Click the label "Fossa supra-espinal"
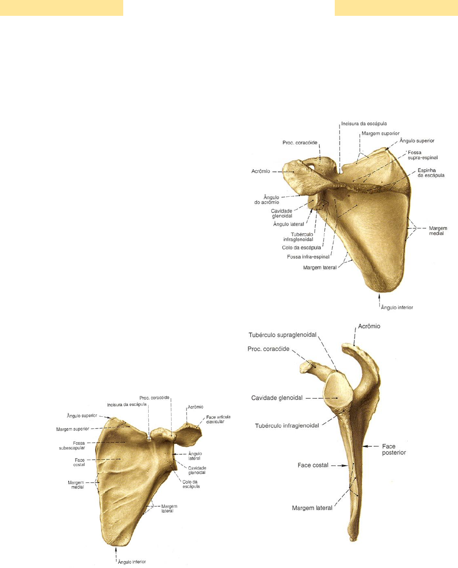pos(423,155)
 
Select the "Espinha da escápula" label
pos(431,173)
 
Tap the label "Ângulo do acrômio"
pos(267,200)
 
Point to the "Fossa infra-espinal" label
pos(308,257)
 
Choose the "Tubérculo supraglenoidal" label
pos(283,335)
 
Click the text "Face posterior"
pos(393,449)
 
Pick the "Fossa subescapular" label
pos(72,445)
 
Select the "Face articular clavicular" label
pos(218,419)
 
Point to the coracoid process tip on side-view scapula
pos(304,367)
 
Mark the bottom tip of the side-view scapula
pos(353,540)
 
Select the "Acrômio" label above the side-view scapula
pos(369,326)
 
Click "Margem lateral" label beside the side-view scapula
pos(312,508)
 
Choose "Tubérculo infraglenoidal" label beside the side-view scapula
pos(287,425)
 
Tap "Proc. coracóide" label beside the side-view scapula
pos(268,349)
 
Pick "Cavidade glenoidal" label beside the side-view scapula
pos(277,398)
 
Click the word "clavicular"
pos(215,422)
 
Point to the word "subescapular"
pos(72,448)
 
